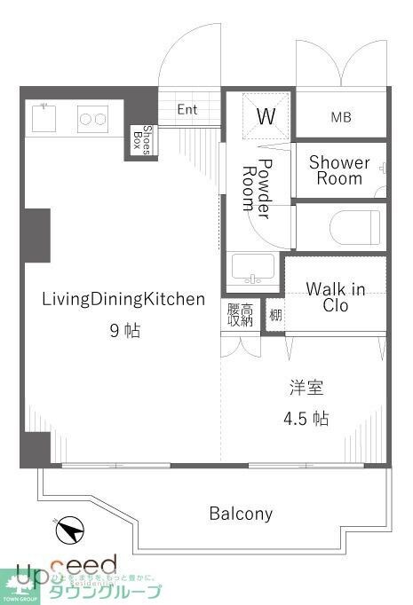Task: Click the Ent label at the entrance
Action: [x=187, y=110]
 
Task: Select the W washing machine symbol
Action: [x=265, y=115]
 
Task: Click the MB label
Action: [x=341, y=117]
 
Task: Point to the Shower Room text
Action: [x=339, y=170]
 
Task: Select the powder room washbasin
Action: [x=252, y=267]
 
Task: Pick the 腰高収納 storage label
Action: [x=240, y=315]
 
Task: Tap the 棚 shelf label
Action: [x=275, y=316]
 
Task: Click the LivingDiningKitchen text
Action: [x=123, y=299]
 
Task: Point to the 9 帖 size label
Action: [x=124, y=331]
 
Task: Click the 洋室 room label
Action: [x=306, y=388]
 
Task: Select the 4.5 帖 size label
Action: [x=306, y=418]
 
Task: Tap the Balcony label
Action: [x=241, y=513]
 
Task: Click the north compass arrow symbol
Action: [x=69, y=530]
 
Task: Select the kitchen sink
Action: [x=44, y=116]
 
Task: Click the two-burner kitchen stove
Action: [x=92, y=116]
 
